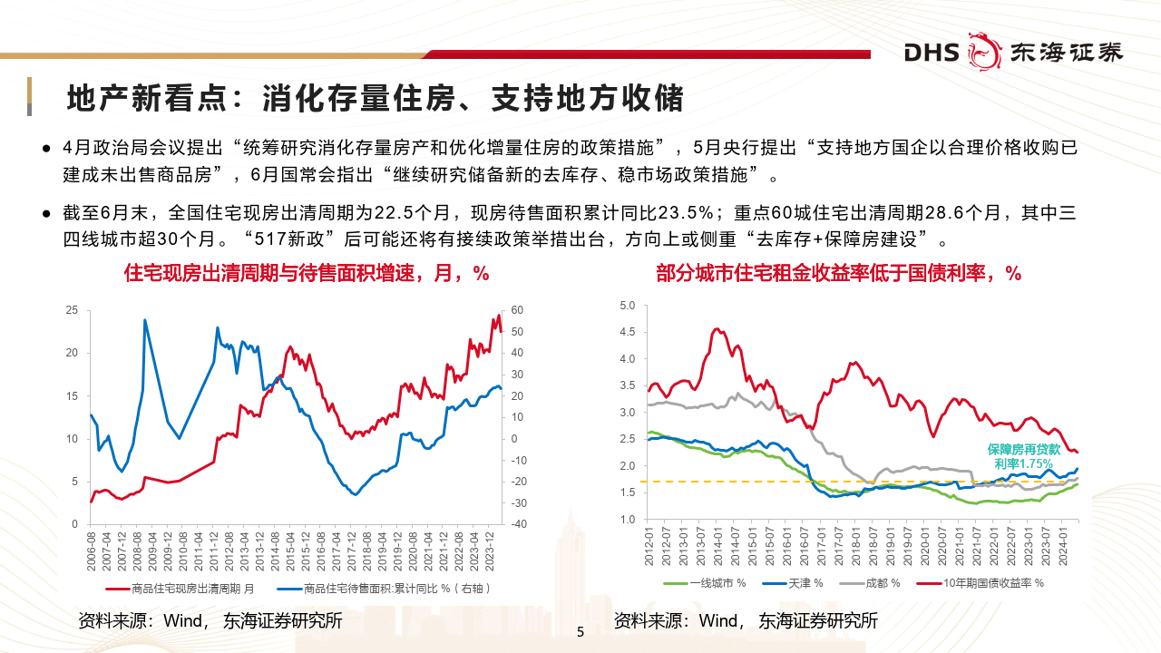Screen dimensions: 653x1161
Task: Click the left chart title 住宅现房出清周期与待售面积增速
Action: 306,273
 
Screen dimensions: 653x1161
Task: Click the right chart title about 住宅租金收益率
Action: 838,273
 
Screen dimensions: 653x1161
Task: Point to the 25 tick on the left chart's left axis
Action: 72,310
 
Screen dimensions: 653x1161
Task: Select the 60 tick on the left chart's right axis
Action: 517,310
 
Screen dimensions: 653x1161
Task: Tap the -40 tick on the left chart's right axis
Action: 518,524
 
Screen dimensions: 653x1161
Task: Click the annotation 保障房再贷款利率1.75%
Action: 1023,456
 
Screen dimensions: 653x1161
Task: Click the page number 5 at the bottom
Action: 580,632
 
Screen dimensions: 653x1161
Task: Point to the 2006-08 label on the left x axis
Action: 92,550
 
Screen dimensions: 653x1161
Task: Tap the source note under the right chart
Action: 746,621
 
